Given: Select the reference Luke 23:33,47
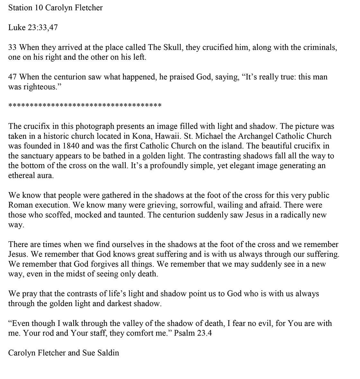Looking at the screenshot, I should [x=33, y=28].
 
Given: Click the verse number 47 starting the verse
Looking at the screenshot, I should [x=13, y=77].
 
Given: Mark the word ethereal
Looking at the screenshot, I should [x=21, y=176].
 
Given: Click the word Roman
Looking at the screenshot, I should [x=20, y=205].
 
